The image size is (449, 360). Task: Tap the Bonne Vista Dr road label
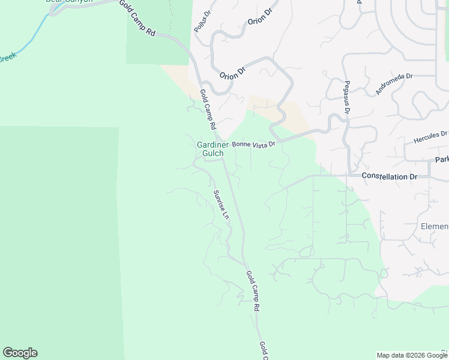pos(253,144)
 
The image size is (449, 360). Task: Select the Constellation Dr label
pos(389,176)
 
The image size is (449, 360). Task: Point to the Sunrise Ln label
pos(221,204)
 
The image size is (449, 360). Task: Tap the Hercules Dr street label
pos(430,137)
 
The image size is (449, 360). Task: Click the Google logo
pos(20,353)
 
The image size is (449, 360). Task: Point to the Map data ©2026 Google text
pos(412,355)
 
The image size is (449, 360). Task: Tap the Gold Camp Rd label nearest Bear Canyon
pos(137,19)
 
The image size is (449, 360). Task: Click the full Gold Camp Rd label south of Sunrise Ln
pos(253,290)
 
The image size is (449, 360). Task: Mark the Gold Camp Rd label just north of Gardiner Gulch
pos(207,110)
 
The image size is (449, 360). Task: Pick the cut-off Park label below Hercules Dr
pos(442,160)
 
